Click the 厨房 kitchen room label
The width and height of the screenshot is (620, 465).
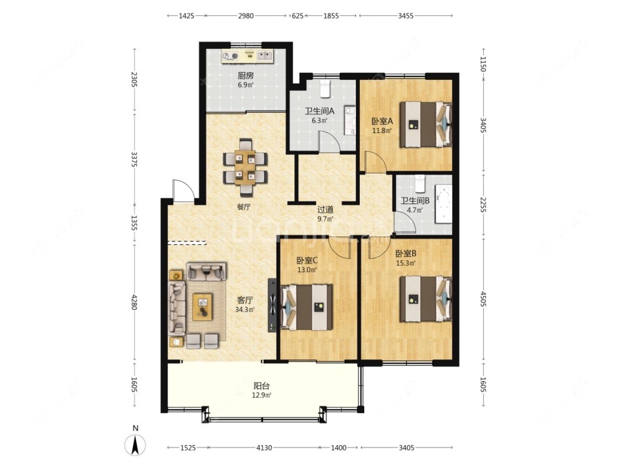(x=246, y=75)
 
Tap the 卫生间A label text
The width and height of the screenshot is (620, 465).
(x=320, y=111)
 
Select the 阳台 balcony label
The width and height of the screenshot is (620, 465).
(x=261, y=386)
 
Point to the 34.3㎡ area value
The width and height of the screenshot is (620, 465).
(x=245, y=310)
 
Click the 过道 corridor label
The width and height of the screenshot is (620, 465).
(x=325, y=209)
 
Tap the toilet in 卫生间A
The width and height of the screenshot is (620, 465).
(x=325, y=89)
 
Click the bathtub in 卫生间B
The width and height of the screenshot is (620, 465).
(x=443, y=204)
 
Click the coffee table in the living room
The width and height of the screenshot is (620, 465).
(x=202, y=307)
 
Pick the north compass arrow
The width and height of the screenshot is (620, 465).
(x=135, y=446)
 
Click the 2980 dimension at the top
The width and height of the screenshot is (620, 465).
(x=246, y=16)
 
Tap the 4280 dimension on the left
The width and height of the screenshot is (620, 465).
(x=134, y=302)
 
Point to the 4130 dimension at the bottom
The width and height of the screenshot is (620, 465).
(x=264, y=447)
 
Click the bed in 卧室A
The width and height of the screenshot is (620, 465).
(x=425, y=125)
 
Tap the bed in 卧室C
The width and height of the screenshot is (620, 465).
(x=306, y=307)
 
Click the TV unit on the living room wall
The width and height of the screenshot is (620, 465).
(x=272, y=305)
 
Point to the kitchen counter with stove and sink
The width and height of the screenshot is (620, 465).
(x=247, y=56)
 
